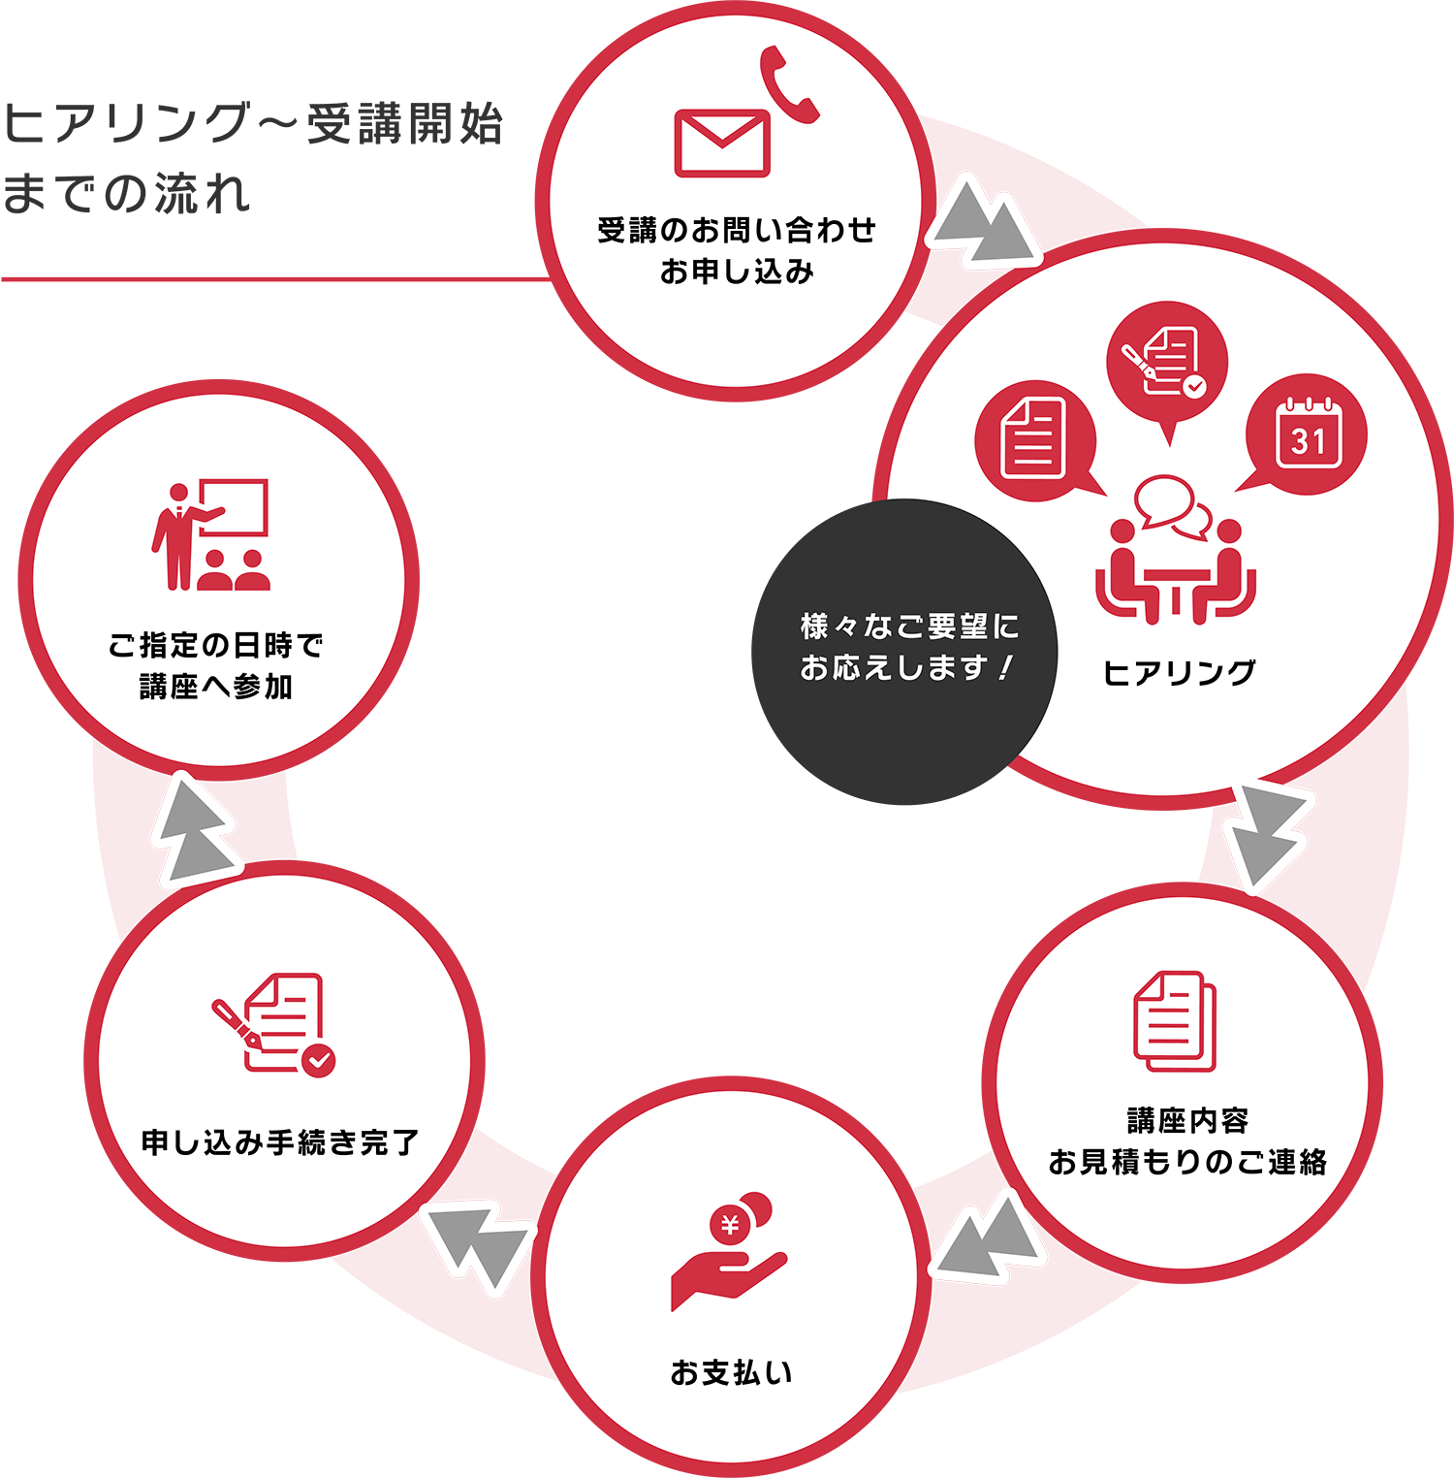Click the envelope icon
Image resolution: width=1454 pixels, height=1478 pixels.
point(722,143)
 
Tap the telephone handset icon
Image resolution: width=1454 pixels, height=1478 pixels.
point(788,85)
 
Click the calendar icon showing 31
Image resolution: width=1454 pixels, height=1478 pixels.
point(1308,434)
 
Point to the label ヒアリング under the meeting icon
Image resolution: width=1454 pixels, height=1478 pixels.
point(1180,672)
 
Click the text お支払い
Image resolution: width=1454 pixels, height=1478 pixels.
point(731,1372)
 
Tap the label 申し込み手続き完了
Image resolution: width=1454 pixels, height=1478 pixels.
point(281,1142)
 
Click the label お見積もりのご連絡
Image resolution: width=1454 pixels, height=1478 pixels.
point(1187,1161)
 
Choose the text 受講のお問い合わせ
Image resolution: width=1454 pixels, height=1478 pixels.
point(737,230)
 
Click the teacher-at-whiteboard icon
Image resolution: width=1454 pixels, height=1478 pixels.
point(210,534)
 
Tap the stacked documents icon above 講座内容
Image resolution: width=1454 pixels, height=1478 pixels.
point(1175,1020)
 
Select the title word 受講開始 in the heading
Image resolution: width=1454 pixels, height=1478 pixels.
point(405,124)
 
